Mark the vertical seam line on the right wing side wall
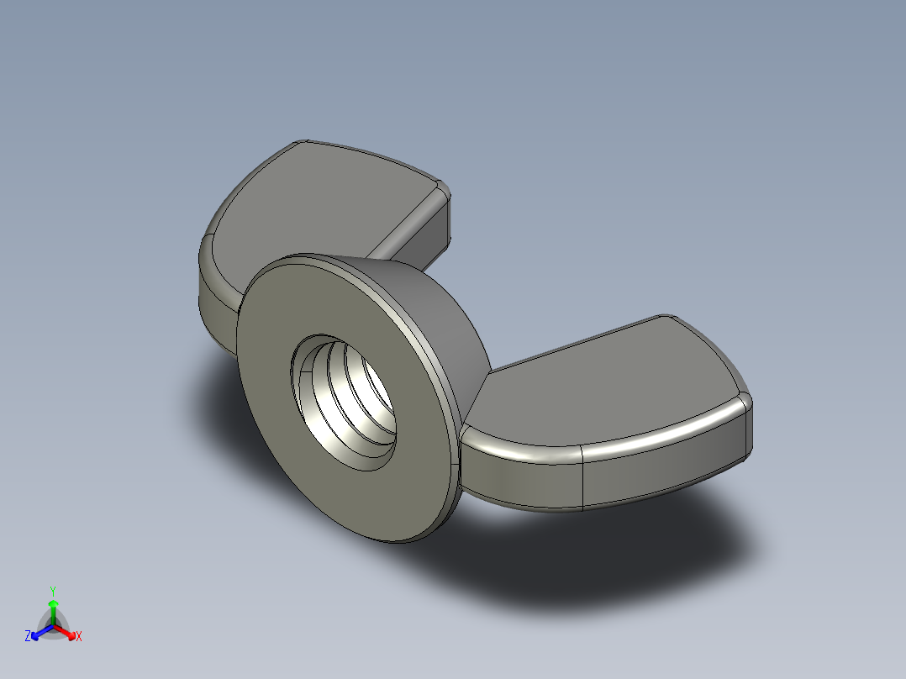(583, 479)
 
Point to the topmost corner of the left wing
(303, 143)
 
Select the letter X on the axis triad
(79, 637)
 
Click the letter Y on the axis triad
(52, 591)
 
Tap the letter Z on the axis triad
(28, 637)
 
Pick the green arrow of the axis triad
(53, 609)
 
